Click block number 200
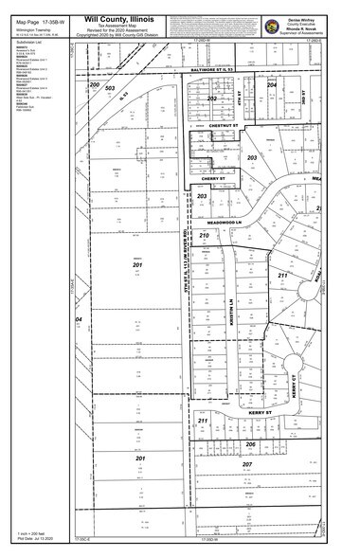pyautogui.click(x=95, y=84)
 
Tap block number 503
pyautogui.click(x=110, y=90)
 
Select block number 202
pyautogui.click(x=213, y=98)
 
